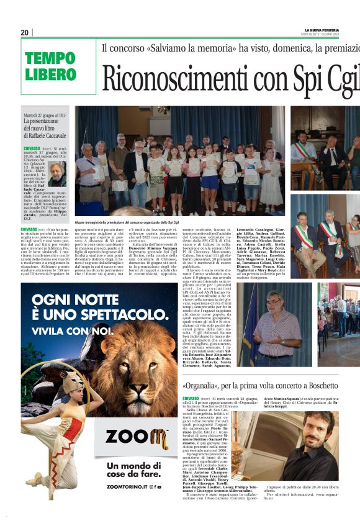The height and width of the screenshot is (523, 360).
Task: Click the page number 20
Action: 25,32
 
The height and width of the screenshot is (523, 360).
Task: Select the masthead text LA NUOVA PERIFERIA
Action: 322,30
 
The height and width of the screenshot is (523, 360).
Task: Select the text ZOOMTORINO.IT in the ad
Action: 129,487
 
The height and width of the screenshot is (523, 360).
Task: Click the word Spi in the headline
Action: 295,78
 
